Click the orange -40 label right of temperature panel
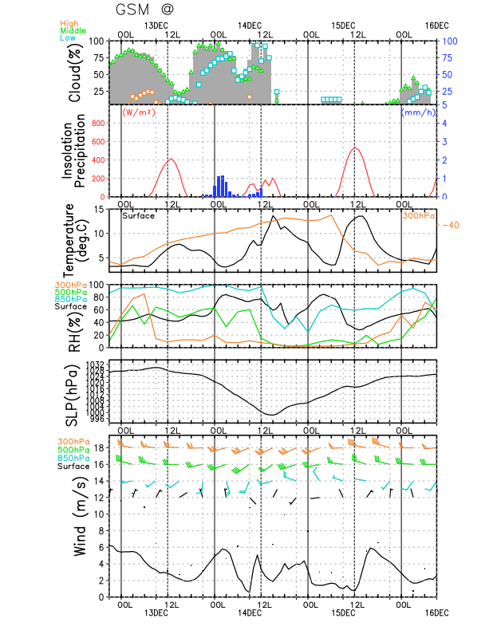(x=452, y=224)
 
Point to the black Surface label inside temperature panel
(x=138, y=215)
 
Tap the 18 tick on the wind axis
(x=100, y=447)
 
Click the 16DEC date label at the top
(x=436, y=25)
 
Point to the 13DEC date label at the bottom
(x=156, y=612)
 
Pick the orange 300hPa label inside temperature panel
(x=417, y=215)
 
